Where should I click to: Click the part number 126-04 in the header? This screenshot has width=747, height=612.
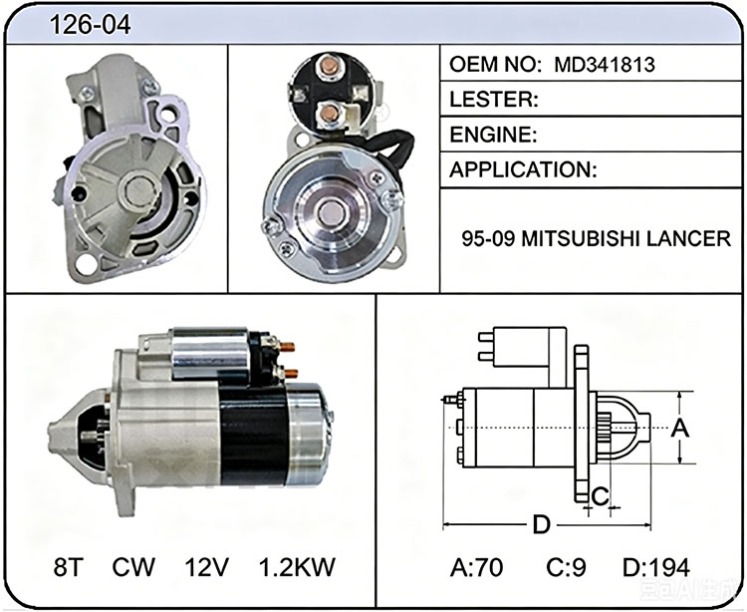tap(90, 24)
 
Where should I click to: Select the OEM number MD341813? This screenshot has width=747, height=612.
tap(605, 65)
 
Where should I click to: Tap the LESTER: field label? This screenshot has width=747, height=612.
tap(494, 99)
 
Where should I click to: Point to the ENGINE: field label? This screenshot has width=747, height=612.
tap(494, 135)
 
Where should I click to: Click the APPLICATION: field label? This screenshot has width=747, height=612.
tap(523, 169)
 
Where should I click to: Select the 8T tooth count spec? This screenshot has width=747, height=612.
tap(69, 567)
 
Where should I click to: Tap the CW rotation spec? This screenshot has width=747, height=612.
tap(133, 567)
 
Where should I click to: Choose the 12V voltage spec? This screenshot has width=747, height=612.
tap(207, 567)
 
